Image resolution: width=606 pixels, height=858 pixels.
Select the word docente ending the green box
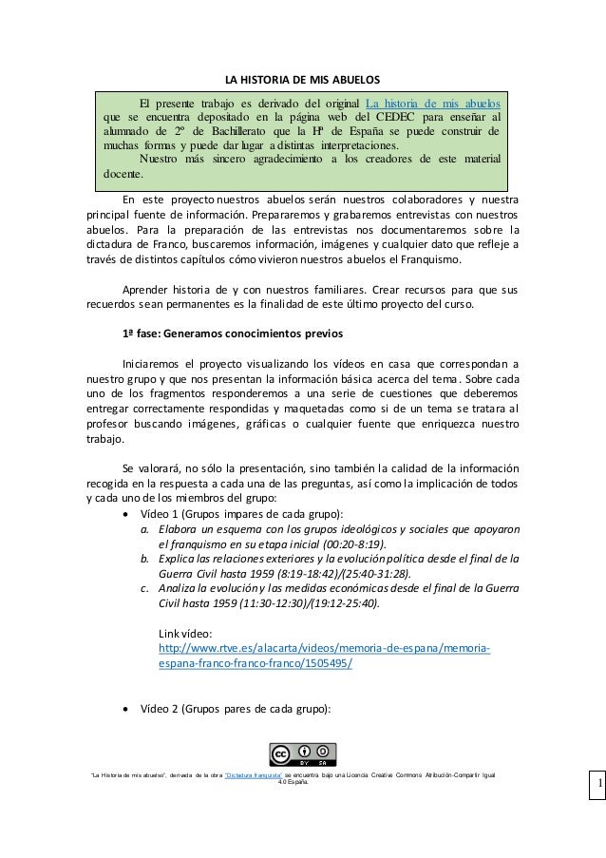(123, 174)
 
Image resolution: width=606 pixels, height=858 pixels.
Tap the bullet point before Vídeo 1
(126, 513)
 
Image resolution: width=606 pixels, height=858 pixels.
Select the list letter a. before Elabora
(144, 529)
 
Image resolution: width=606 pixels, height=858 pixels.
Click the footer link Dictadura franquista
(252, 776)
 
